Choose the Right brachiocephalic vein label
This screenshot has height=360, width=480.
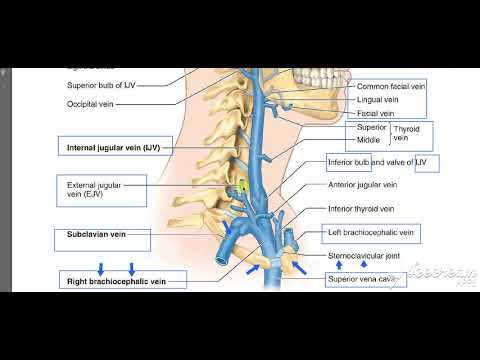tap(121, 281)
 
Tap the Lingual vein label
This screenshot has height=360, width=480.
tap(377, 101)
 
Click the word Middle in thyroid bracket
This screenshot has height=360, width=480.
tap(370, 142)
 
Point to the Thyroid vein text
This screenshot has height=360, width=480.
tap(406, 135)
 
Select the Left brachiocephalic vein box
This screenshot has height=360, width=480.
tap(375, 233)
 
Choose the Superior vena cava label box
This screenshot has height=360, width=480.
tap(364, 279)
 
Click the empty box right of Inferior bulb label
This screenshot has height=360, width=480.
tap(427, 163)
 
